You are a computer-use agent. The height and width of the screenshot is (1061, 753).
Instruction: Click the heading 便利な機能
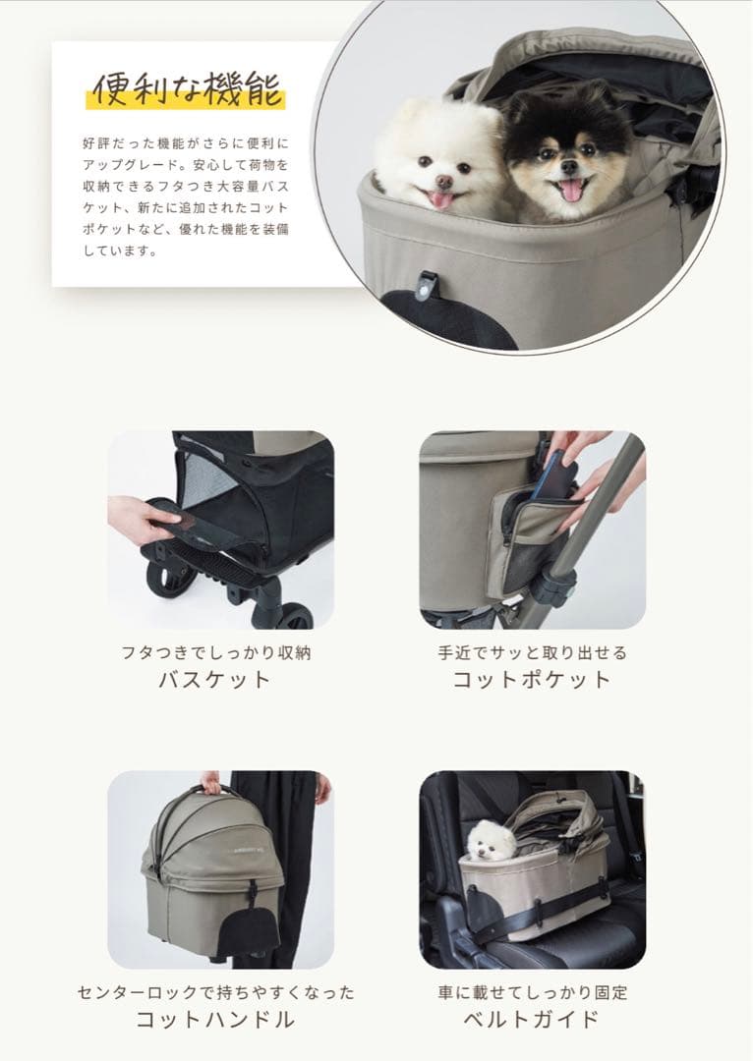pos(187,89)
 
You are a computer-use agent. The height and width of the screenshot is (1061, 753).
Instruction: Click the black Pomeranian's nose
pos(569,168)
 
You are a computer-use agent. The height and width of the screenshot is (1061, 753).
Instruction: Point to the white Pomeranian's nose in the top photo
pos(445,182)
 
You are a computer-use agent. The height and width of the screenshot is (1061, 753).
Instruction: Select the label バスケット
pos(214,679)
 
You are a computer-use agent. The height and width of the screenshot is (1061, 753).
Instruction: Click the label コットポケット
pos(532,679)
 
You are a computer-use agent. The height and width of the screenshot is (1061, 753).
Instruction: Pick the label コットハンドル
pos(215,1019)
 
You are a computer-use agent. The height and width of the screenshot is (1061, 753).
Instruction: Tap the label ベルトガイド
pos(532,1019)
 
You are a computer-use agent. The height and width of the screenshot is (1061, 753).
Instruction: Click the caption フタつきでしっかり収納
pos(215,652)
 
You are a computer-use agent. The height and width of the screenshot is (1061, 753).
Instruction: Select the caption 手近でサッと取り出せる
pos(532,652)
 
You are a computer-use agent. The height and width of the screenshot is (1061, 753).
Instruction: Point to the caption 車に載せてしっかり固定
pos(532,992)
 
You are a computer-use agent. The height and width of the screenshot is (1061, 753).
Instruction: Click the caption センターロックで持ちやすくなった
pos(215,992)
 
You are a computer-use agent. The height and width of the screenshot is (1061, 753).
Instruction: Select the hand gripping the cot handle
pos(210,782)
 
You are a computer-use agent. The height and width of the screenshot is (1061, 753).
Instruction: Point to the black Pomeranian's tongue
pos(570,190)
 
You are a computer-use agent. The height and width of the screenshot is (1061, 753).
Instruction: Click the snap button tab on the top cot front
pos(426,283)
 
